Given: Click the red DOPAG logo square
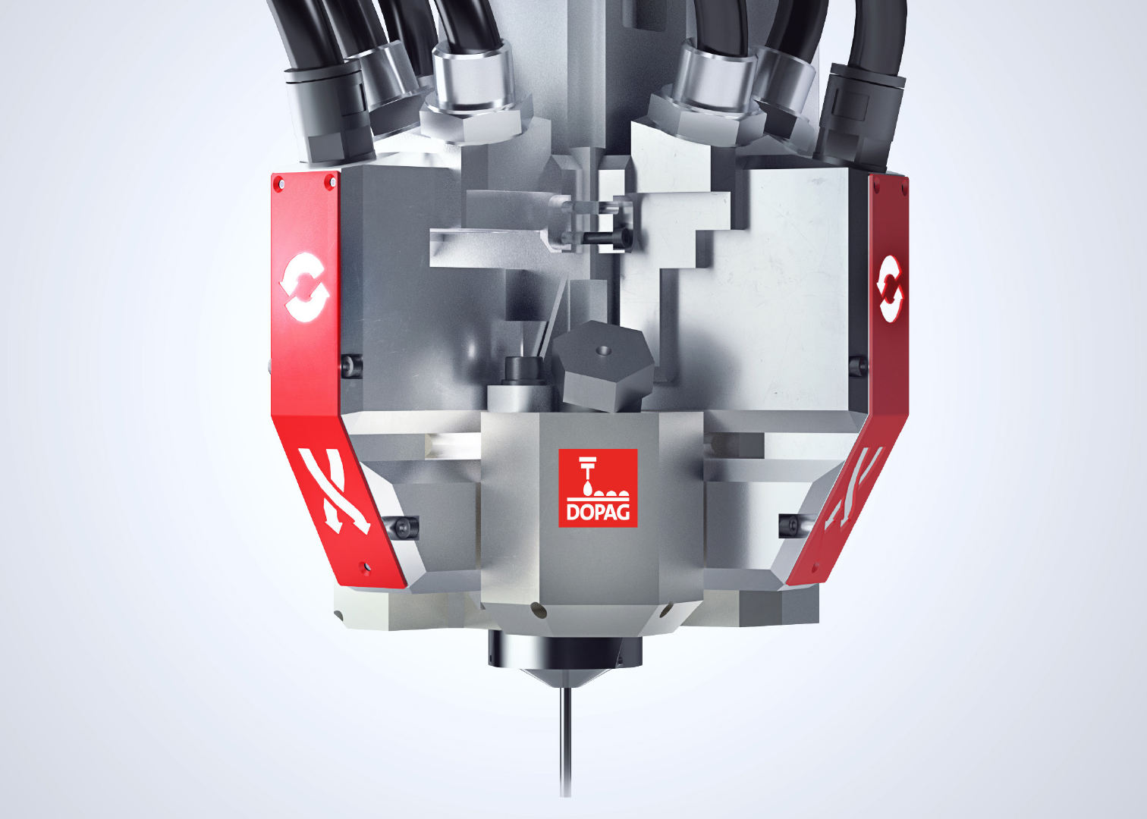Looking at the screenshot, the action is coord(598,488).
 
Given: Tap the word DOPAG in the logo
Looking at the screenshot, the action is coord(598,513).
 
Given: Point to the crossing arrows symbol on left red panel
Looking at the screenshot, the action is coord(335,491).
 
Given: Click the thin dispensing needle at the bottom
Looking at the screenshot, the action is coord(565,742).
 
